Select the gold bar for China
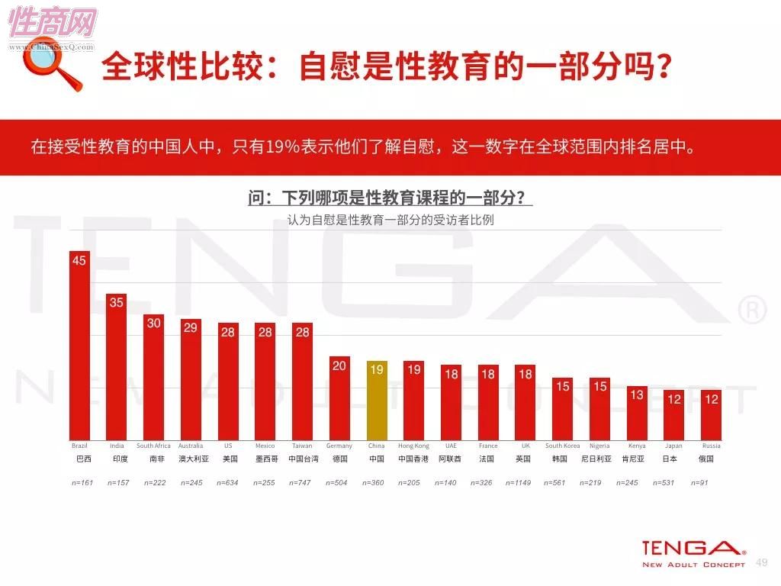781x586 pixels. coord(377,400)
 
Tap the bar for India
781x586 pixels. coord(117,367)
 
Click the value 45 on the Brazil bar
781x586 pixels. coord(79,261)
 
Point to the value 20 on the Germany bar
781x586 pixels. coord(339,365)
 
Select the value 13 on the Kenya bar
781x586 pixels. coord(637,394)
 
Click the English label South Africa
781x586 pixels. coord(153,446)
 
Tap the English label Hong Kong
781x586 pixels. coord(413,446)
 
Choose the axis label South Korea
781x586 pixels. coord(562,446)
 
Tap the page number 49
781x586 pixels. coord(760,562)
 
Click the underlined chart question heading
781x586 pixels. coord(390,198)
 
